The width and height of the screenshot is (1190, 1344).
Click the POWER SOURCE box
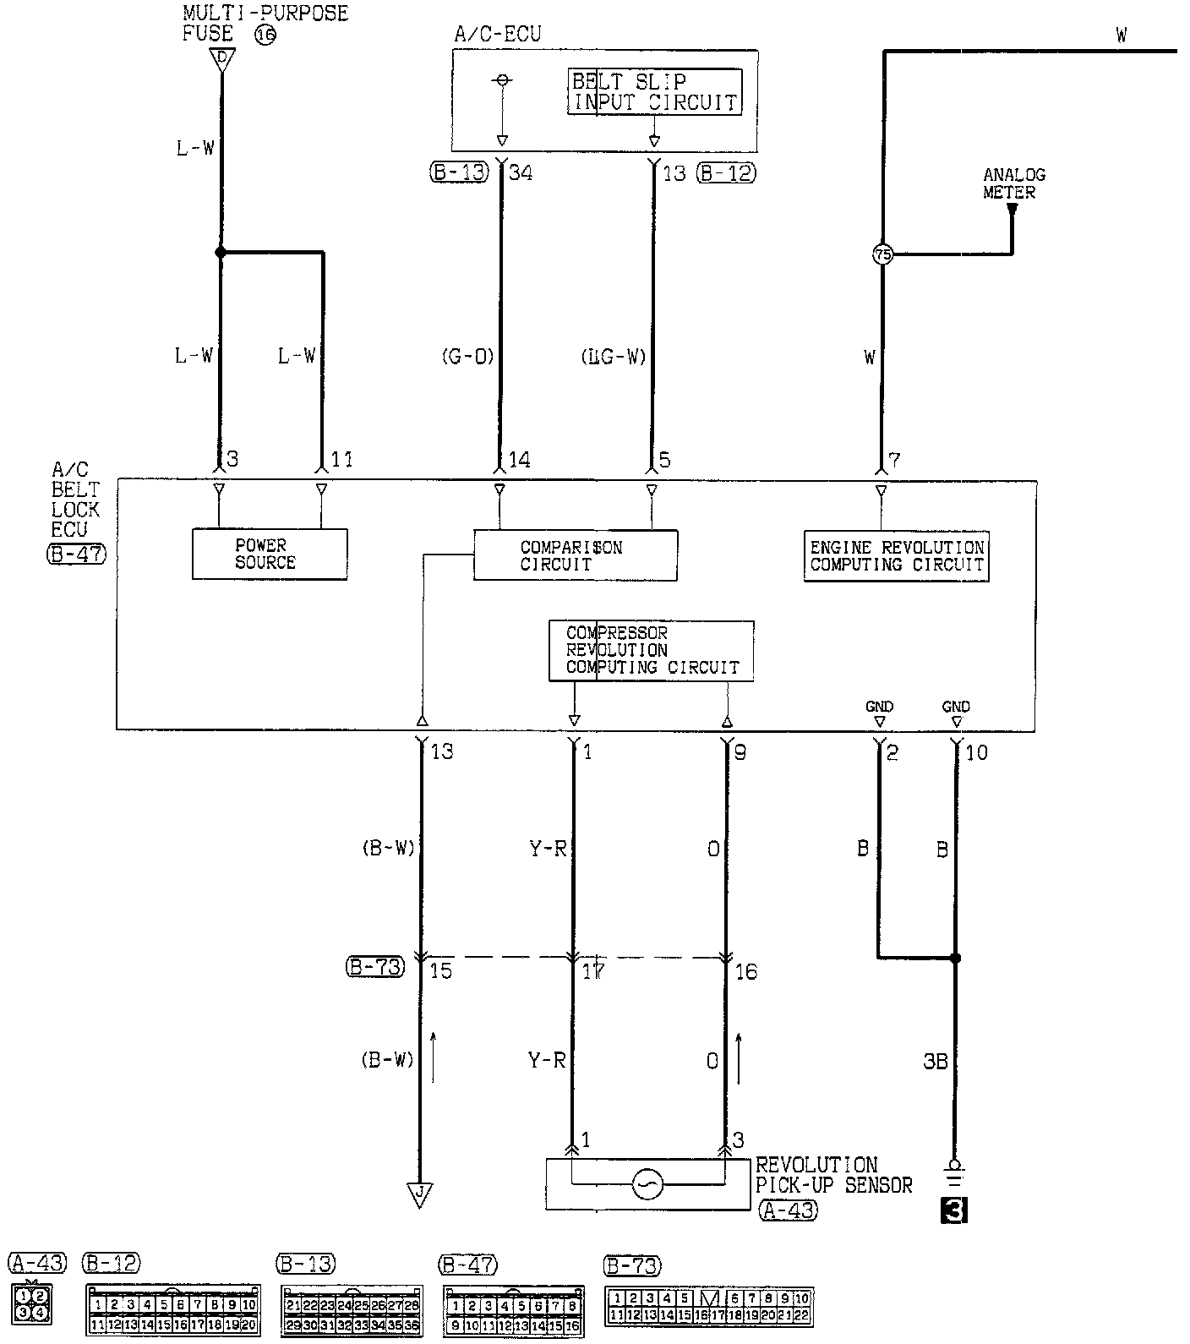270,555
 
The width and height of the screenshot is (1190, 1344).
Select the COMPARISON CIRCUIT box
575,555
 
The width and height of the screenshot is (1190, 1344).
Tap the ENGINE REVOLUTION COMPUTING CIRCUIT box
896,556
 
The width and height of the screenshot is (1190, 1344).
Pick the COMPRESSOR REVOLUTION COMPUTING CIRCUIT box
651,650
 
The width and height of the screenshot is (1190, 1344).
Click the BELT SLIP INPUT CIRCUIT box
654,91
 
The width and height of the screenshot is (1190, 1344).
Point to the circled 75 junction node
882,254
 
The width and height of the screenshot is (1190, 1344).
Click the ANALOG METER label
1013,183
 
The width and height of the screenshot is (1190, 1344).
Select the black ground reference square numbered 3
954,1211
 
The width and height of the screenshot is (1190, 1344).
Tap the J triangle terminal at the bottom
419,1194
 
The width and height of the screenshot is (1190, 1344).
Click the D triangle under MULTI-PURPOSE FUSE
221,58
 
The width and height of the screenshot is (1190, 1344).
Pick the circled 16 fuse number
265,35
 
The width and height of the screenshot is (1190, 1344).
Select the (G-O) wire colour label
467,356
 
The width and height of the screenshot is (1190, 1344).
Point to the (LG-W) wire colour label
614,356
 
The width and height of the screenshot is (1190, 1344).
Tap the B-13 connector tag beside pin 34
458,173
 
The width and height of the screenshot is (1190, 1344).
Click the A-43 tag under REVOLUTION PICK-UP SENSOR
787,1210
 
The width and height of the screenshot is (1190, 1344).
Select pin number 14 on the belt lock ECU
519,460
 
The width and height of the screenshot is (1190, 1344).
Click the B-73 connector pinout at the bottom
708,1306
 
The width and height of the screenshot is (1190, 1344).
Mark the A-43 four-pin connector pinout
31,1303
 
